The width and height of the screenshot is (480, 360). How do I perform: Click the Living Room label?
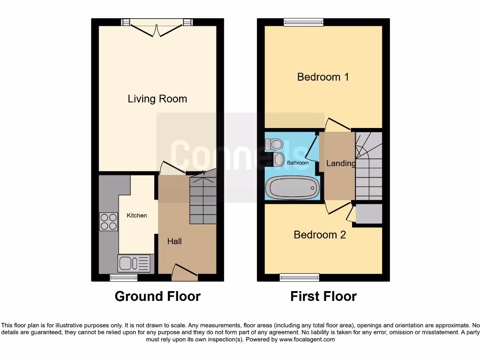tap(157, 99)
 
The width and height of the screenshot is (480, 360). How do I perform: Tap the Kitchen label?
tap(137, 216)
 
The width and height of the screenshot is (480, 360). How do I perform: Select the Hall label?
tap(174, 241)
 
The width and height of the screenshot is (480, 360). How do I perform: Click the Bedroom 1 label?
tap(323, 77)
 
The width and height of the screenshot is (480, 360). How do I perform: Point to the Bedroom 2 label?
tap(320, 235)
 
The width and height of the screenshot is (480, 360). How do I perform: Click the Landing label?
tap(341, 163)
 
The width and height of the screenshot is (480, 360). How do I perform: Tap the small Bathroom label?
tap(298, 163)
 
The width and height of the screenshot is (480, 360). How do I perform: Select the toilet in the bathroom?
tap(273, 143)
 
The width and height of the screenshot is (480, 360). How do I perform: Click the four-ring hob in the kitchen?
tap(109, 222)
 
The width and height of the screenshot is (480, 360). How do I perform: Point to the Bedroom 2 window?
tap(300, 277)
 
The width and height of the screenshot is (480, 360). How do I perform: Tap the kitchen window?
tap(124, 278)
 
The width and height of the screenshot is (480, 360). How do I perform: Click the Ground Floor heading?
tap(157, 297)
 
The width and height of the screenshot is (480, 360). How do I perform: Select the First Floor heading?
tap(323, 297)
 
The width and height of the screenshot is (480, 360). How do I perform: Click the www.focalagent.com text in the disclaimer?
tap(307, 339)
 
